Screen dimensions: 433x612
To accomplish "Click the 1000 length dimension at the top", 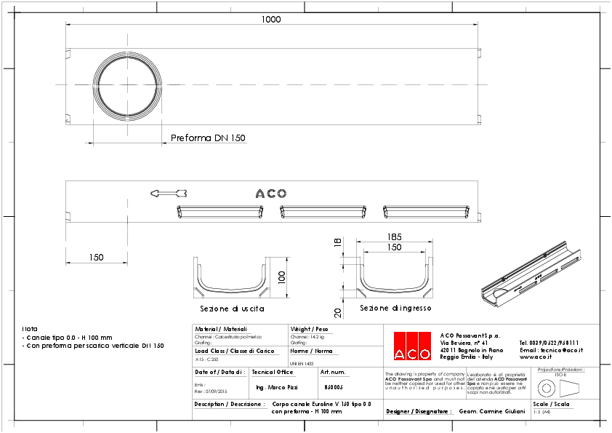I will pos(270,20).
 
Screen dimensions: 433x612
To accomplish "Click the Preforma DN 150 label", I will pos(208,138).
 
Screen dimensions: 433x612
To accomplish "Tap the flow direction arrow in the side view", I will pos(169,193).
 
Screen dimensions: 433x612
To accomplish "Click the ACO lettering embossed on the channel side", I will pos(271,194).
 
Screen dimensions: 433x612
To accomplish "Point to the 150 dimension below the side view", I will pos(96,258).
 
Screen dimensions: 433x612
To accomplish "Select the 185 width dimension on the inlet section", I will pos(394,237).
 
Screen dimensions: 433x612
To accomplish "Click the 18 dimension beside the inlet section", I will pos(337,243).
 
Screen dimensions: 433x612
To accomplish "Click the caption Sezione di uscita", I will pos(232,309).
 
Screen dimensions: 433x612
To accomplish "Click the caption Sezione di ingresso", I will pos(395,309).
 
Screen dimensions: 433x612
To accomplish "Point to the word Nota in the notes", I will pos(29,329).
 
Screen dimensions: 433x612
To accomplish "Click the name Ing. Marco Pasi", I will pos(278,387).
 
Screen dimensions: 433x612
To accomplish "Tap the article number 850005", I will pos(333,387).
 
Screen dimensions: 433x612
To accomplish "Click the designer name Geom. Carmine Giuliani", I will pos(492,411).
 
